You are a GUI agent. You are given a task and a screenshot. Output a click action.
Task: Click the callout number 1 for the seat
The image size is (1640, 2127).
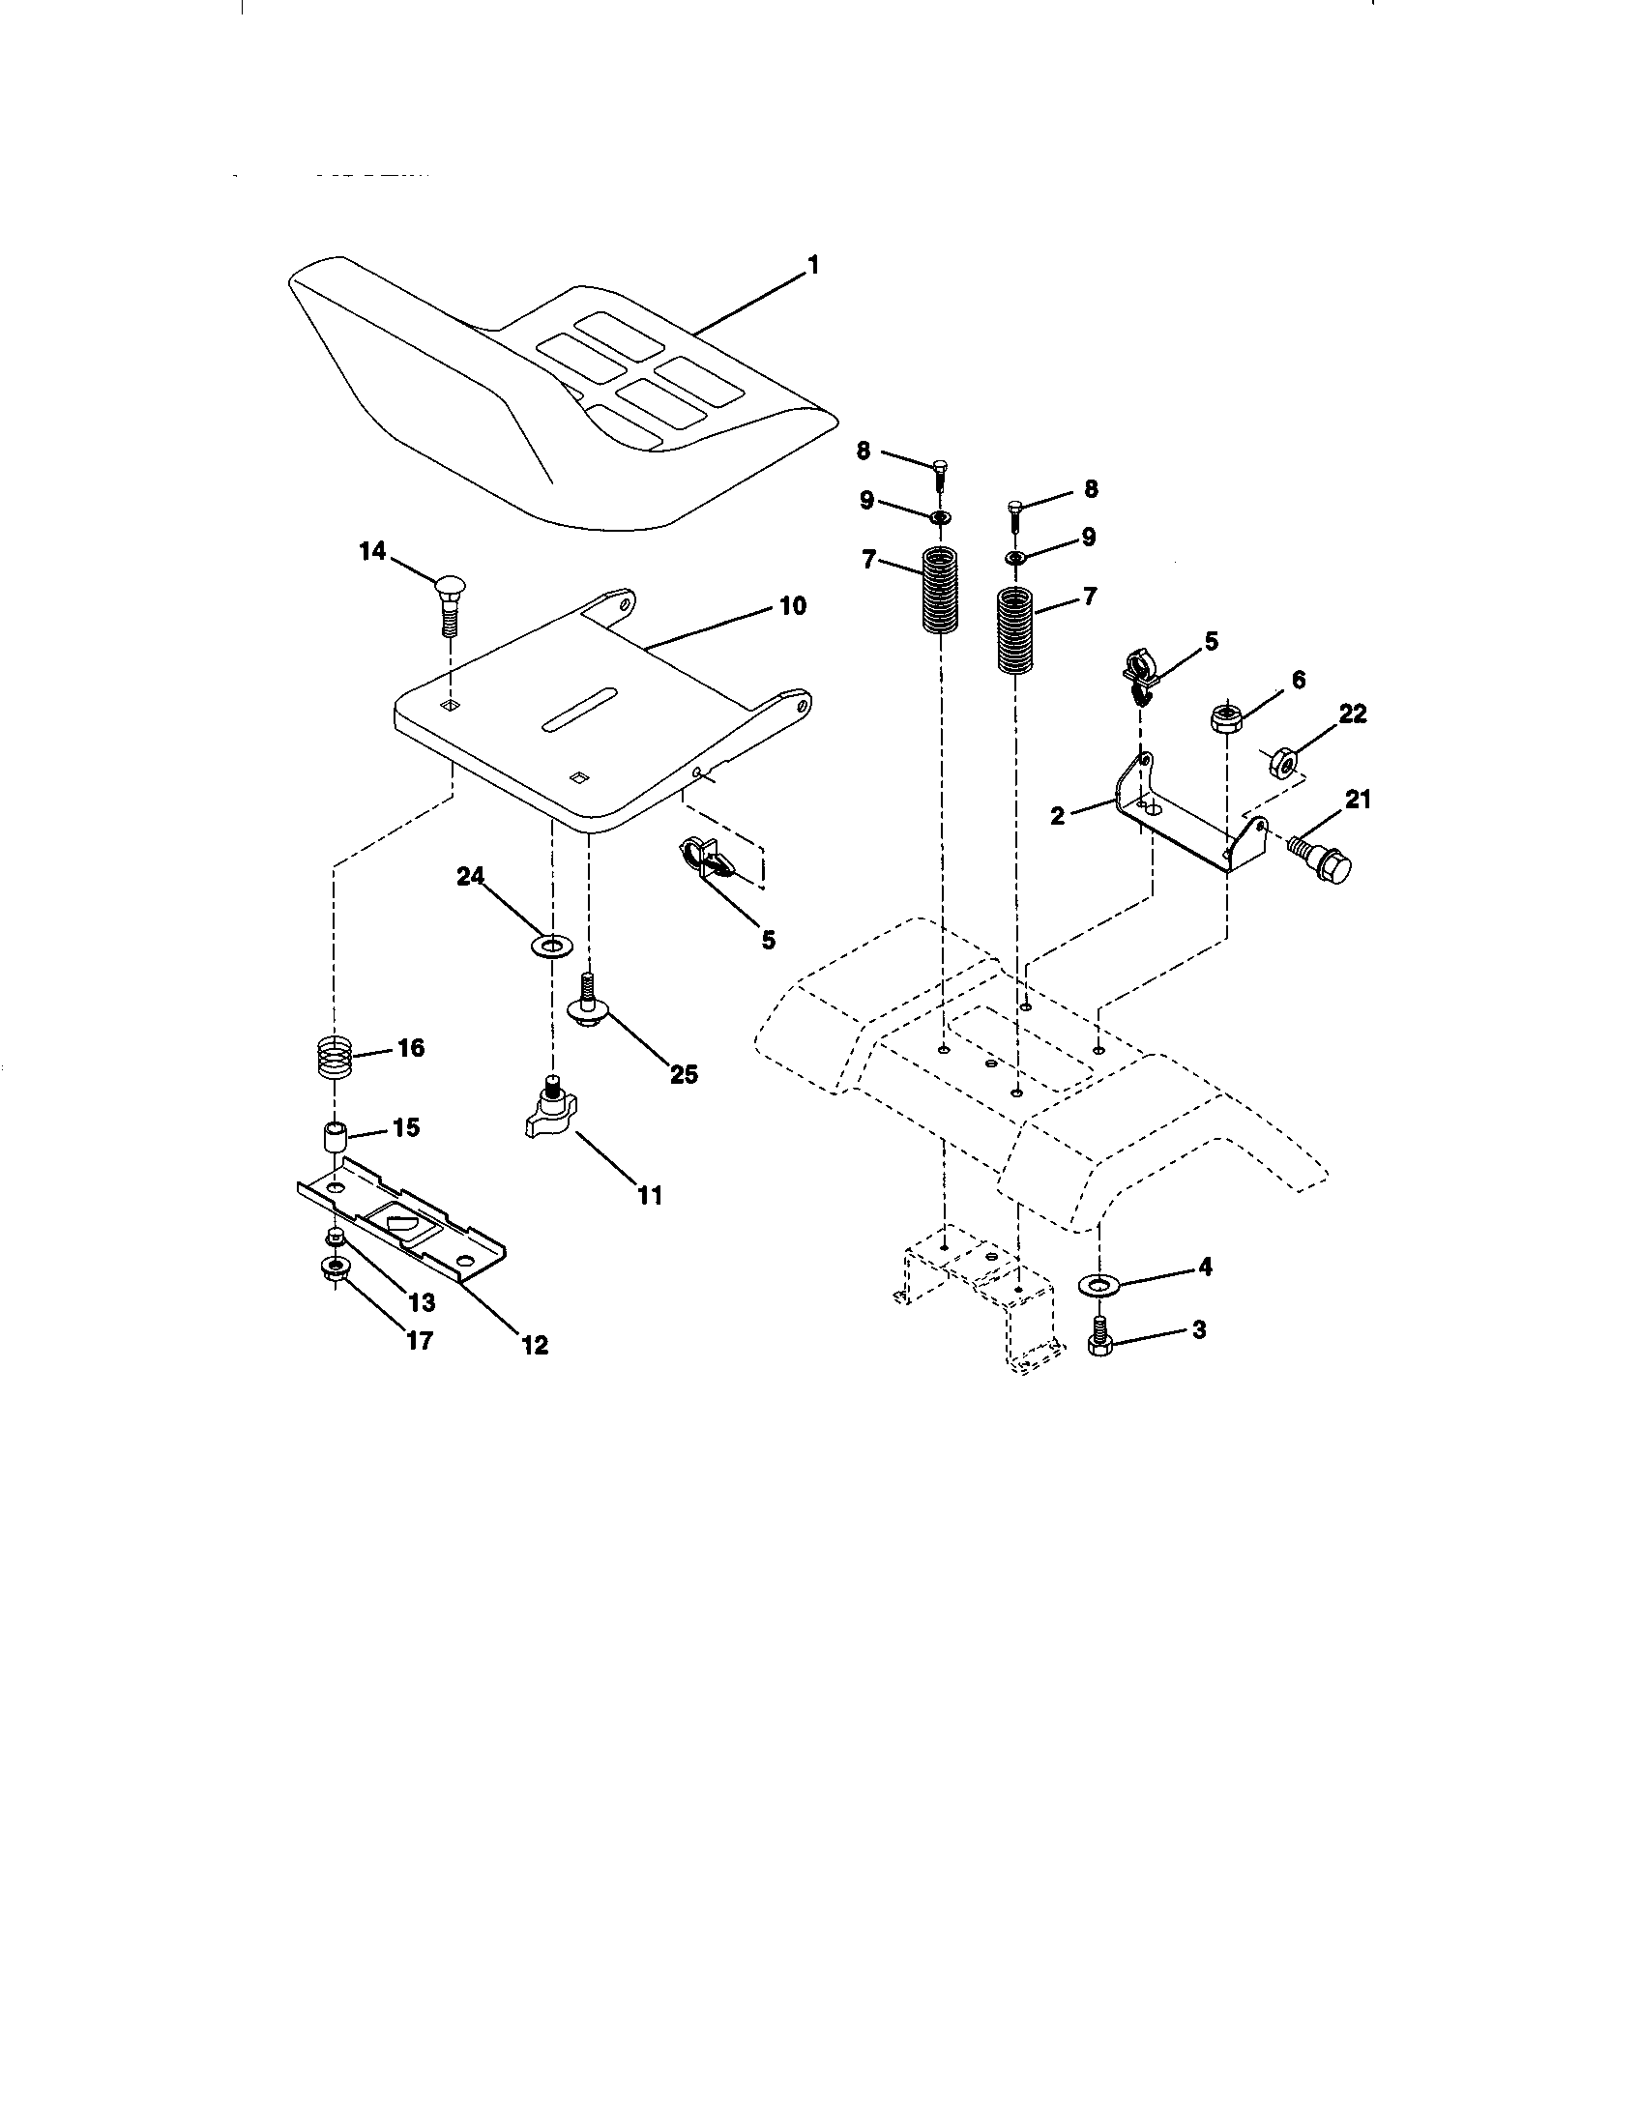tap(813, 264)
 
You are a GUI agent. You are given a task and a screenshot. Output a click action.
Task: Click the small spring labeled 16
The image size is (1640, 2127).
tap(336, 1056)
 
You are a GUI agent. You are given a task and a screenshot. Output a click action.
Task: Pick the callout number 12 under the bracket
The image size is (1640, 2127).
tap(535, 1345)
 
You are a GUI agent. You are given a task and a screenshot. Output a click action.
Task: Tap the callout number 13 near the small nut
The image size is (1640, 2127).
tap(422, 1302)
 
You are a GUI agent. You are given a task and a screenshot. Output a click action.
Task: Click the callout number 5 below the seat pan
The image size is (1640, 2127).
tap(769, 940)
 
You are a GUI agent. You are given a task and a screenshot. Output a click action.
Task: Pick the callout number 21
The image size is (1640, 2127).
tap(1357, 800)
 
